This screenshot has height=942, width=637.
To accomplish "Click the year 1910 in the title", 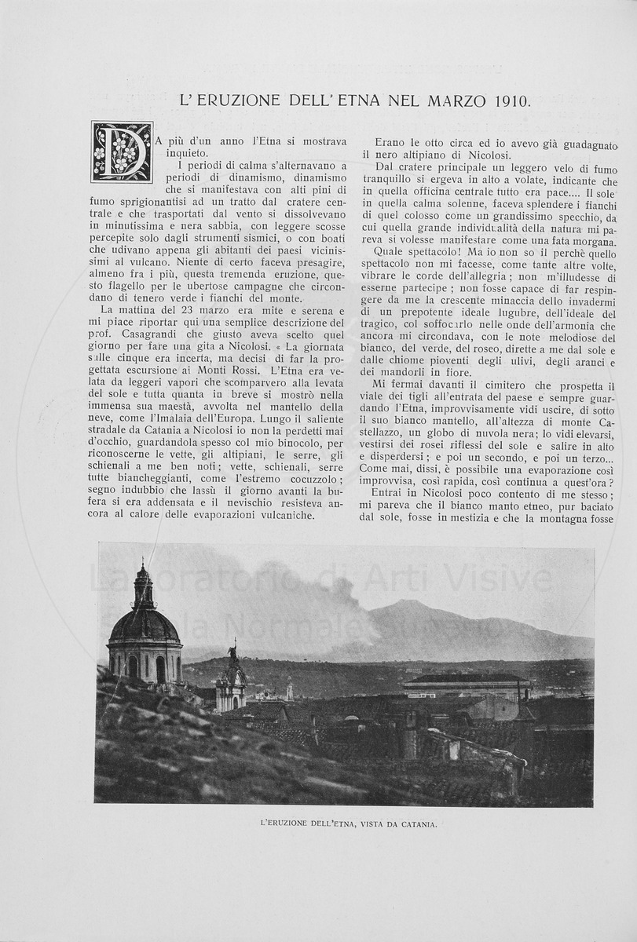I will click(512, 100).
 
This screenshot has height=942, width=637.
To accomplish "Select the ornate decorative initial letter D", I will click(122, 152).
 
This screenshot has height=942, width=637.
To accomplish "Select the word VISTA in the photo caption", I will click(361, 824).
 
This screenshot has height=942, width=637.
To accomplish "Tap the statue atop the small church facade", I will click(232, 651).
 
